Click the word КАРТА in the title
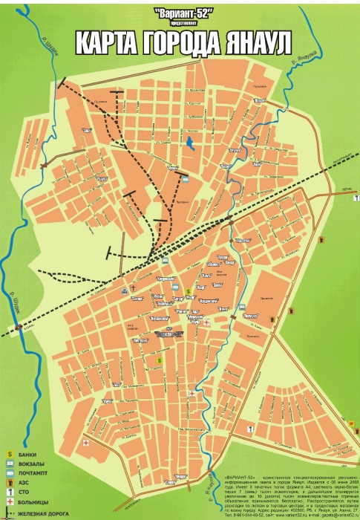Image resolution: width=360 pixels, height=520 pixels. point(111,43)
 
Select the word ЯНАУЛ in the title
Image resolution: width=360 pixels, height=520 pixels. point(256,43)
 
